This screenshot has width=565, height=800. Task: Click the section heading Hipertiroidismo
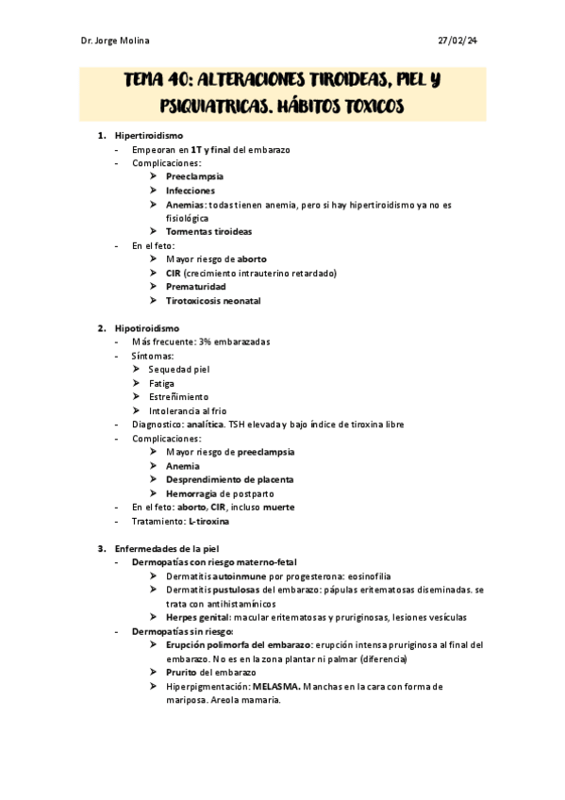pos(149,136)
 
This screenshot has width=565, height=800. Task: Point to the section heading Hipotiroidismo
pos(146,327)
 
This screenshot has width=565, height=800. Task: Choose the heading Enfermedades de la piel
pos(169,548)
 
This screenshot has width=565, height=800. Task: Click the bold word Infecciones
pos(191,191)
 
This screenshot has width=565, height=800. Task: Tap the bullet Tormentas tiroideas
pos(208,231)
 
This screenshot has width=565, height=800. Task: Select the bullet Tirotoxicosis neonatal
pos(213,300)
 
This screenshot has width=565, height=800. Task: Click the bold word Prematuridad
pos(197,286)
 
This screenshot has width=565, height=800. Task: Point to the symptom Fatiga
pos(161,383)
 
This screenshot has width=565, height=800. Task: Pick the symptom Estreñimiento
pos(178,396)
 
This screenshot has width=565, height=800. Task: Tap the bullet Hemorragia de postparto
pos(220,493)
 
